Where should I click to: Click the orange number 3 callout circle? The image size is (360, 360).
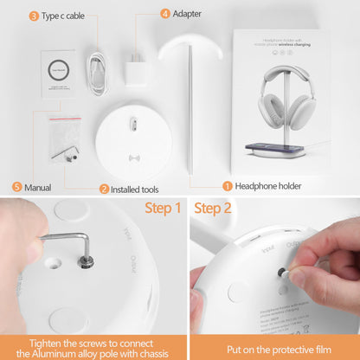tap(34, 16)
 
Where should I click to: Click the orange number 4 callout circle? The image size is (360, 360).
tap(165, 14)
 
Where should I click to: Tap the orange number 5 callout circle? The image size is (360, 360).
tap(16, 186)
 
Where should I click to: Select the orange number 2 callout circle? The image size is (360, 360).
tap(104, 188)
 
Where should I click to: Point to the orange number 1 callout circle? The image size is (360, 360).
tap(228, 185)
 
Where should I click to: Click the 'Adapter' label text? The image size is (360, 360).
tap(188, 14)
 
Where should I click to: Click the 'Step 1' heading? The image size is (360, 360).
tap(163, 208)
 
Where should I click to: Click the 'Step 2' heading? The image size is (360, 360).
tap(213, 208)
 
